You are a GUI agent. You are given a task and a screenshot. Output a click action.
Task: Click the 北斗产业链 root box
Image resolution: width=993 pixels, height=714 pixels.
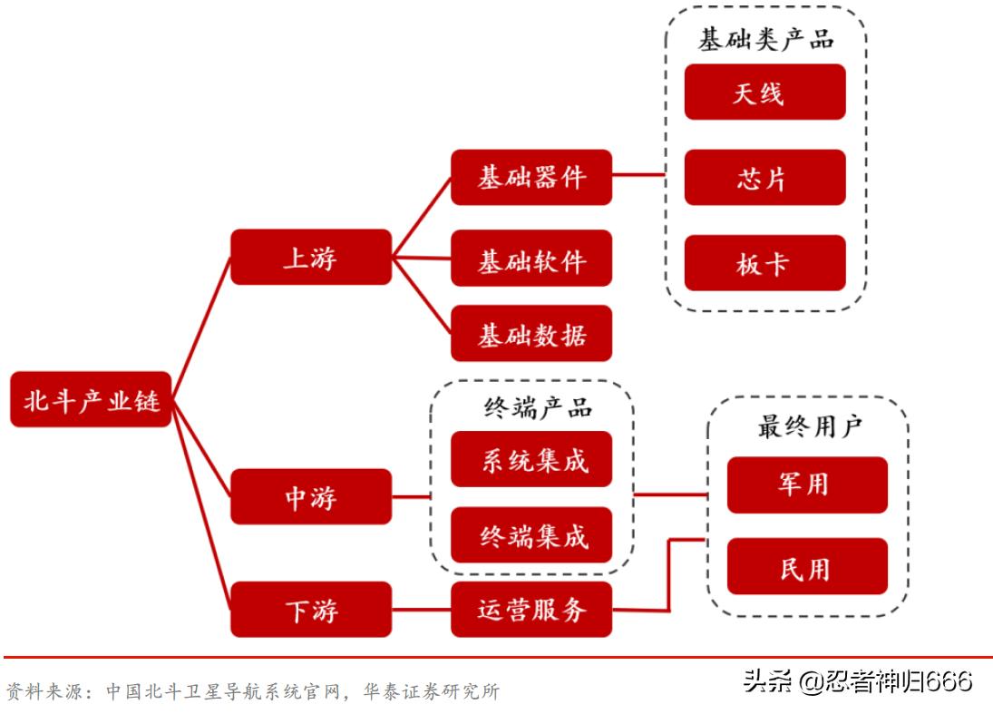click(x=91, y=399)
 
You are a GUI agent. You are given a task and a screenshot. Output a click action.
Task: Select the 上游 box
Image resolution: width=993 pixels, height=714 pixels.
click(x=310, y=258)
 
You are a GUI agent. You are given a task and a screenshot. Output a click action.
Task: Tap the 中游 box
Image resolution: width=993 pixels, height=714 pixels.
click(x=310, y=497)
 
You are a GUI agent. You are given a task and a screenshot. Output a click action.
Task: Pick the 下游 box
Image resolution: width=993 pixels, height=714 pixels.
click(x=310, y=610)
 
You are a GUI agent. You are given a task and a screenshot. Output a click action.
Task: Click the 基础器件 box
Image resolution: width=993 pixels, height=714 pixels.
click(x=531, y=177)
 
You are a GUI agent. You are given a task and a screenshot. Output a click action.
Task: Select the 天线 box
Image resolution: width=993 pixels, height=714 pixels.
click(x=764, y=92)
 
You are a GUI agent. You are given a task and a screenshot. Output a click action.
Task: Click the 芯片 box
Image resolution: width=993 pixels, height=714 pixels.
click(x=764, y=177)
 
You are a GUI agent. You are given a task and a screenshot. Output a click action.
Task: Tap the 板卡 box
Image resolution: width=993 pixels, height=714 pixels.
click(x=764, y=263)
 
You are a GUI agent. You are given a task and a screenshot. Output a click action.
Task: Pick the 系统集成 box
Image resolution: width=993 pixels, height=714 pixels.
click(x=531, y=459)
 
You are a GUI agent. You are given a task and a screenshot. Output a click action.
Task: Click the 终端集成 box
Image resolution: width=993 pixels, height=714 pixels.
click(x=531, y=535)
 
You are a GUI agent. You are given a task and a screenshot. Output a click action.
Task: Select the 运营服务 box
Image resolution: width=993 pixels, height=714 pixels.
click(x=531, y=610)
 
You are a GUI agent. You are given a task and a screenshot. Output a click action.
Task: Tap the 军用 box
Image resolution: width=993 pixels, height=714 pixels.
click(x=806, y=484)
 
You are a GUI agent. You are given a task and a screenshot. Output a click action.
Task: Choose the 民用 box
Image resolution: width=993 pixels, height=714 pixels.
click(x=806, y=567)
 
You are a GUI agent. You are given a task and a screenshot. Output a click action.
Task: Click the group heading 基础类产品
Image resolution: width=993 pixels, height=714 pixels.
click(x=765, y=39)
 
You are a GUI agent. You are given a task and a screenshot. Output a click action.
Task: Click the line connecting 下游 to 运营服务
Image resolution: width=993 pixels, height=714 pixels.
click(x=421, y=610)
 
